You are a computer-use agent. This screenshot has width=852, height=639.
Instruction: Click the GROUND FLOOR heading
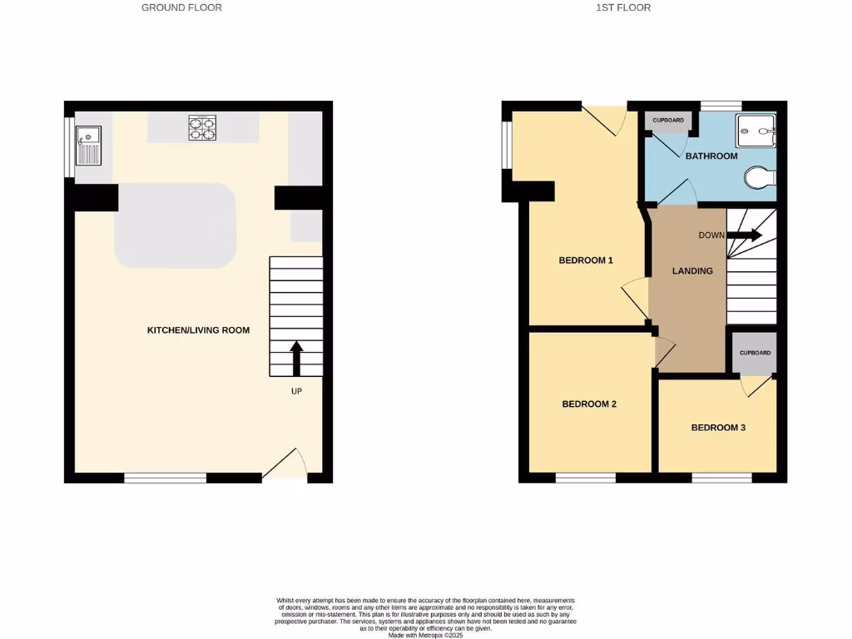181,7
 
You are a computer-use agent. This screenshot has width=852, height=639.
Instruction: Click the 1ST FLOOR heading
623,7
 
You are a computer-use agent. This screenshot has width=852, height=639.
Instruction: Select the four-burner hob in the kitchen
201,128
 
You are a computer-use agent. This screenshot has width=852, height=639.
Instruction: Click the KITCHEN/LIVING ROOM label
198,330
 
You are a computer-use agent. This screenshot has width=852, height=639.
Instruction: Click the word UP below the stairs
295,391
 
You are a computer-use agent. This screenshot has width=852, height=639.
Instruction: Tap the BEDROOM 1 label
585,260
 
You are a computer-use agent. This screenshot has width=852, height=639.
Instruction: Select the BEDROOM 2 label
589,404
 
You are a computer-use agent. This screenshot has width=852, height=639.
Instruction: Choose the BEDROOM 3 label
718,428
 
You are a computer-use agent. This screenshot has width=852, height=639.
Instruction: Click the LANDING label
692,270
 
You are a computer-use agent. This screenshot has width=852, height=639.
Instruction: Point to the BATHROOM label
711,156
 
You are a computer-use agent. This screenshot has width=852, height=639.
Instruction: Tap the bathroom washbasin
756,131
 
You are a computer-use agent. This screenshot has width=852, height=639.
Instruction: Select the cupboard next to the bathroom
668,121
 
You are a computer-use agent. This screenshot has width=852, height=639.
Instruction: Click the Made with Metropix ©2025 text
425,634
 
